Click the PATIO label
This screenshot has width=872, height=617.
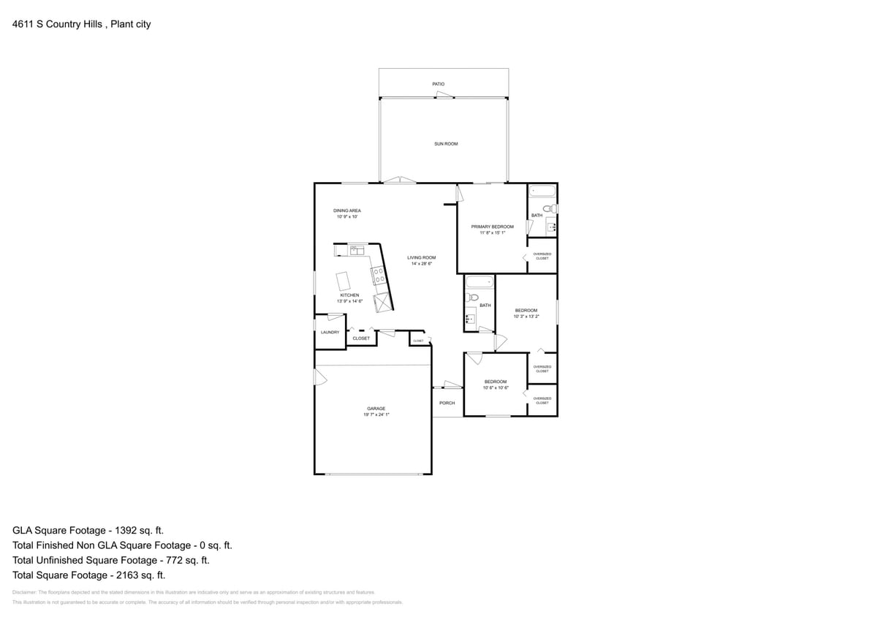pyautogui.click(x=438, y=84)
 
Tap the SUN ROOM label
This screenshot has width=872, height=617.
pyautogui.click(x=446, y=144)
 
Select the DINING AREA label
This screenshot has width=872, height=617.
pyautogui.click(x=347, y=211)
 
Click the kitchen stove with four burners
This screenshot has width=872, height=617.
pyautogui.click(x=379, y=276)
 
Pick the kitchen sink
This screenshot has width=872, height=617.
pyautogui.click(x=357, y=251)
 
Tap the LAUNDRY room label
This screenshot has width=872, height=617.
pyautogui.click(x=330, y=333)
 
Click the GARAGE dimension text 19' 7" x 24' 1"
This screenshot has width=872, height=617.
pyautogui.click(x=376, y=415)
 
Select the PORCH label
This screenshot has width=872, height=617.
pyautogui.click(x=447, y=403)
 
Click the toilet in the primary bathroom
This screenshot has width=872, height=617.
pyautogui.click(x=553, y=209)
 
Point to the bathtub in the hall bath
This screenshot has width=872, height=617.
pyautogui.click(x=479, y=283)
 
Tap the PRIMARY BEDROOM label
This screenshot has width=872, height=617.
pyautogui.click(x=492, y=227)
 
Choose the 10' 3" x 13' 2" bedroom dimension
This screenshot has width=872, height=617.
pyautogui.click(x=526, y=317)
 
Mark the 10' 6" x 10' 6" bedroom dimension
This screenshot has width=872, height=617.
pyautogui.click(x=496, y=387)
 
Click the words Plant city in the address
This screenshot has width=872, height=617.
pyautogui.click(x=131, y=24)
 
